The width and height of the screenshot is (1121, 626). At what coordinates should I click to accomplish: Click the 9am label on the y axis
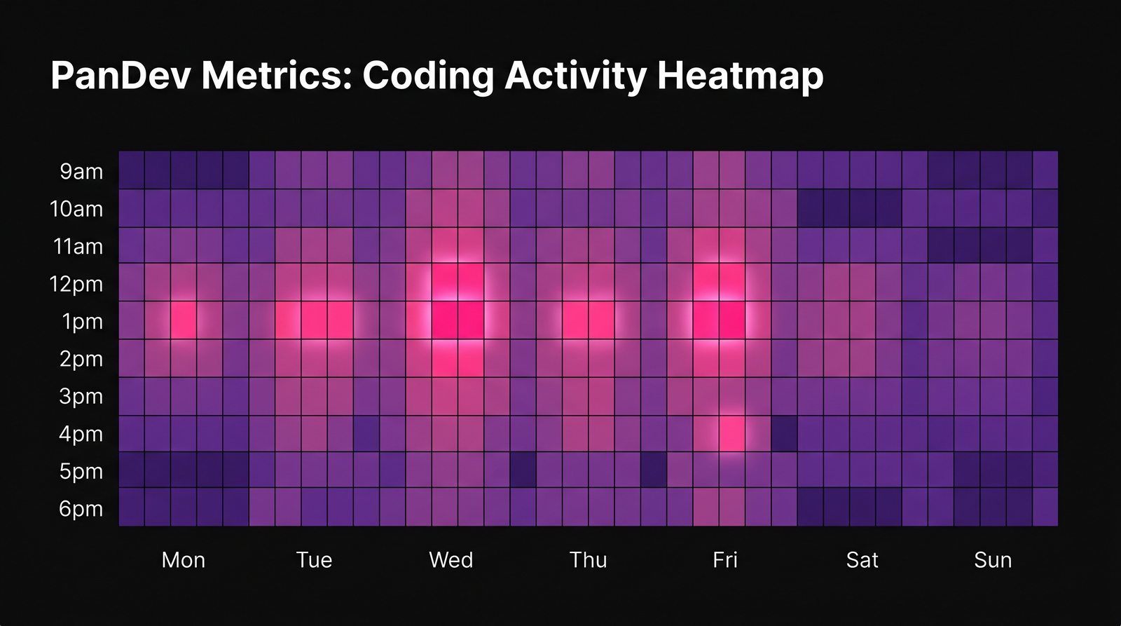[81, 171]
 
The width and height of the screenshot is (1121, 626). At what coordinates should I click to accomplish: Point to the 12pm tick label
[76, 284]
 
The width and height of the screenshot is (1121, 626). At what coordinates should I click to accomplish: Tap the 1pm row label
[82, 321]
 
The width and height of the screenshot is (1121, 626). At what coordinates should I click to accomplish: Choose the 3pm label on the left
[81, 396]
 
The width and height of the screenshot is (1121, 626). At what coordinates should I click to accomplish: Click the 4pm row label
[81, 434]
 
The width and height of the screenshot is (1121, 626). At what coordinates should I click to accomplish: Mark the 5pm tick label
[81, 471]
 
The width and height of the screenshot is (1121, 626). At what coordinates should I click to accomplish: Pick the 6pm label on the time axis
[81, 508]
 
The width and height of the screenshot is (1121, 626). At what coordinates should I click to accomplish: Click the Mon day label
[183, 559]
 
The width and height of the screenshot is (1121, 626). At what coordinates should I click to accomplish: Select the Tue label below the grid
[314, 559]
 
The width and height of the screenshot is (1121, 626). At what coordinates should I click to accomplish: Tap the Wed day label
[451, 559]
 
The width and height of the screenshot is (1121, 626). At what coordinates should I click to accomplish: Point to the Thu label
[588, 559]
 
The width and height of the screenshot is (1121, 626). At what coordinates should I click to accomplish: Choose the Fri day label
[724, 559]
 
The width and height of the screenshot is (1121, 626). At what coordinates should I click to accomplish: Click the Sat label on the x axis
[862, 559]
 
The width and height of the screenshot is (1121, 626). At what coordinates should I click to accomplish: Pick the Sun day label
[993, 559]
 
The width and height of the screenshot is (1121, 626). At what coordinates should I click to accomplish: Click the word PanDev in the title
[121, 75]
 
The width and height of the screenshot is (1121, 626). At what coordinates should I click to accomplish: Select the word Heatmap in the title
[740, 75]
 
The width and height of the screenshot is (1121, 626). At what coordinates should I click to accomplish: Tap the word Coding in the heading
[428, 75]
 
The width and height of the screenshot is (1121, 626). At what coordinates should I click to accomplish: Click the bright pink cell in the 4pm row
[731, 433]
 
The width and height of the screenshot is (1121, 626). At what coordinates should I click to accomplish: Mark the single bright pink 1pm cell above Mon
[184, 320]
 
